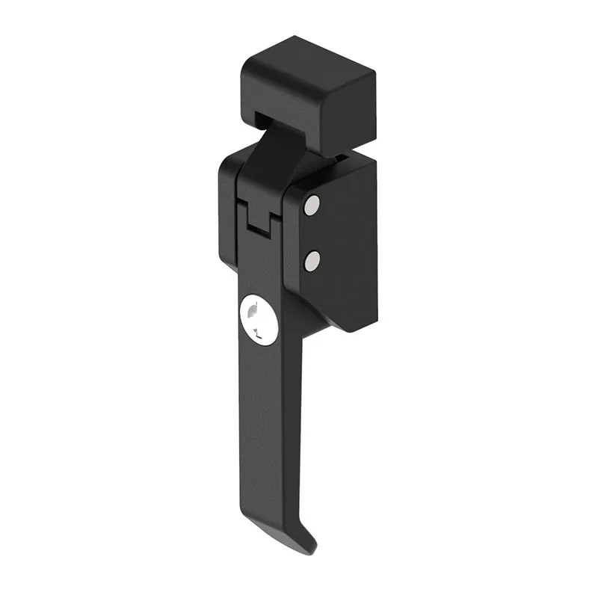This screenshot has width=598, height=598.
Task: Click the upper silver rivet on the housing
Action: (312, 206)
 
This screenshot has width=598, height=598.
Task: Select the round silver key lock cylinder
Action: (259, 319)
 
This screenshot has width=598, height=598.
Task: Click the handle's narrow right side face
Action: (295, 419)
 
